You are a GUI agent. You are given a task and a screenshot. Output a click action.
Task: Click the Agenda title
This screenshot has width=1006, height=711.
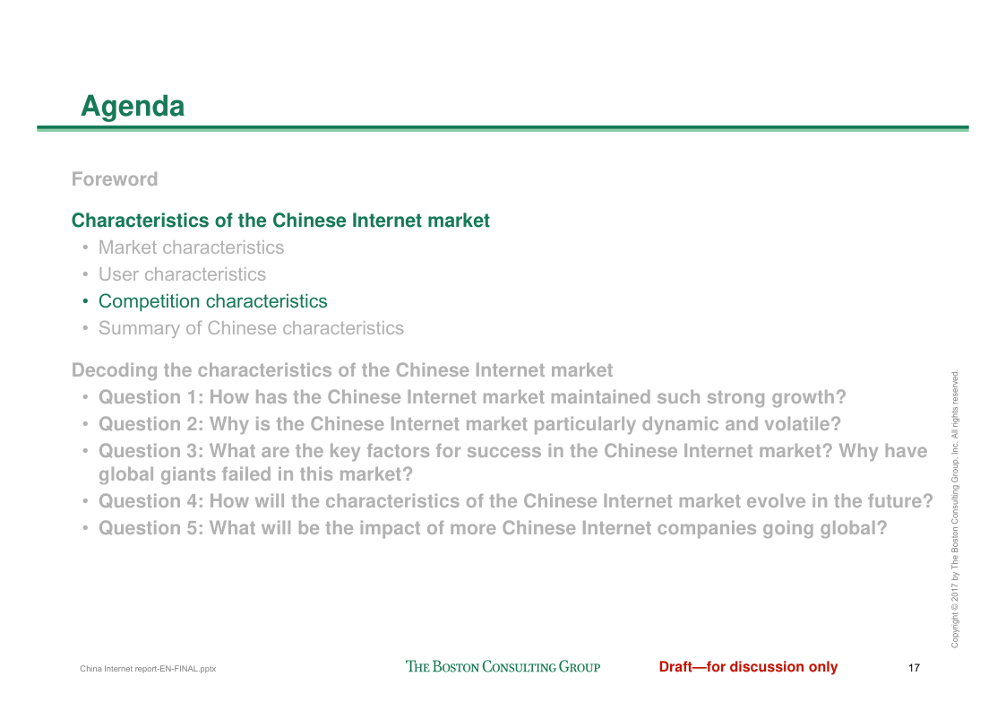(x=133, y=107)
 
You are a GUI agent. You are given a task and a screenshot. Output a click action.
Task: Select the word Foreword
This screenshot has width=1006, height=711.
(x=115, y=179)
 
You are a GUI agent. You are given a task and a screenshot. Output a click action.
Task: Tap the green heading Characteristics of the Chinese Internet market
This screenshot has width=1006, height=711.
(x=280, y=221)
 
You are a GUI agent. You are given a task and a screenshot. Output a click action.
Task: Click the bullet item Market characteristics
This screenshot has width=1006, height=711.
(x=191, y=247)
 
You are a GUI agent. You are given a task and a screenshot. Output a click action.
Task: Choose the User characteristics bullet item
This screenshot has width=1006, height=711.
(x=182, y=274)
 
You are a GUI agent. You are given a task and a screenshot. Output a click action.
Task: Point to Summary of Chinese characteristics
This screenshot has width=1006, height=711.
(x=251, y=328)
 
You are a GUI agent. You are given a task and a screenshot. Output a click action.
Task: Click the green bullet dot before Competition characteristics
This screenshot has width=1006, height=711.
(x=85, y=301)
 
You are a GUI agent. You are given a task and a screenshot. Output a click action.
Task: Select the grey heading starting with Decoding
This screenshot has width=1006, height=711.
(x=342, y=370)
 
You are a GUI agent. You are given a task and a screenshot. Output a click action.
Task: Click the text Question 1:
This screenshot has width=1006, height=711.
(x=150, y=397)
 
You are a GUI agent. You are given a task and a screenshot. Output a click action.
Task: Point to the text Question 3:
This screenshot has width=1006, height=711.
(x=150, y=451)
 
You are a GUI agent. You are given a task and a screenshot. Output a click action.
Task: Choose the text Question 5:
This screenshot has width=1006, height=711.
(x=150, y=528)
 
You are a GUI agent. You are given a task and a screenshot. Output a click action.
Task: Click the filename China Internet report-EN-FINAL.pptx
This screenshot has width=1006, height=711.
(x=148, y=669)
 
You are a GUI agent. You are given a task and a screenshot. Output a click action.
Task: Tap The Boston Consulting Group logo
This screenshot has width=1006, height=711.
(x=503, y=667)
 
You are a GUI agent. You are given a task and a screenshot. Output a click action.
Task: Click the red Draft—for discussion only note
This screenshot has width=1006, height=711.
(x=748, y=667)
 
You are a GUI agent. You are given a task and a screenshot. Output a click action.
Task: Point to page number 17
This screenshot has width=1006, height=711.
(x=915, y=668)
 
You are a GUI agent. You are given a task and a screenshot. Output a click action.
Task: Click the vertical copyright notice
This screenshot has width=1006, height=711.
(x=955, y=508)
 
